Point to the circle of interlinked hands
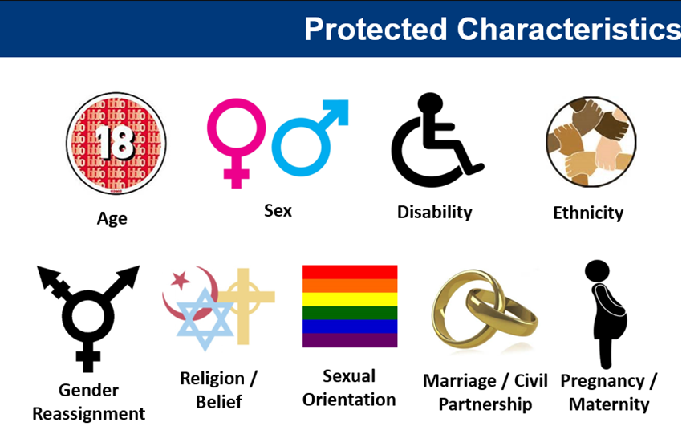click(x=591, y=141)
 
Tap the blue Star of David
click(x=205, y=319)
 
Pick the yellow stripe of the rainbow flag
click(x=350, y=299)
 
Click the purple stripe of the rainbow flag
click(x=350, y=340)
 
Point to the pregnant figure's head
click(x=597, y=271)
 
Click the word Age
click(x=112, y=218)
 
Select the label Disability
click(x=435, y=212)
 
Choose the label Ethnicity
click(x=588, y=213)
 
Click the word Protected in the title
click(x=376, y=29)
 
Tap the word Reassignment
click(x=89, y=413)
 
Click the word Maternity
click(x=609, y=404)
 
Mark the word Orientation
click(x=349, y=400)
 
